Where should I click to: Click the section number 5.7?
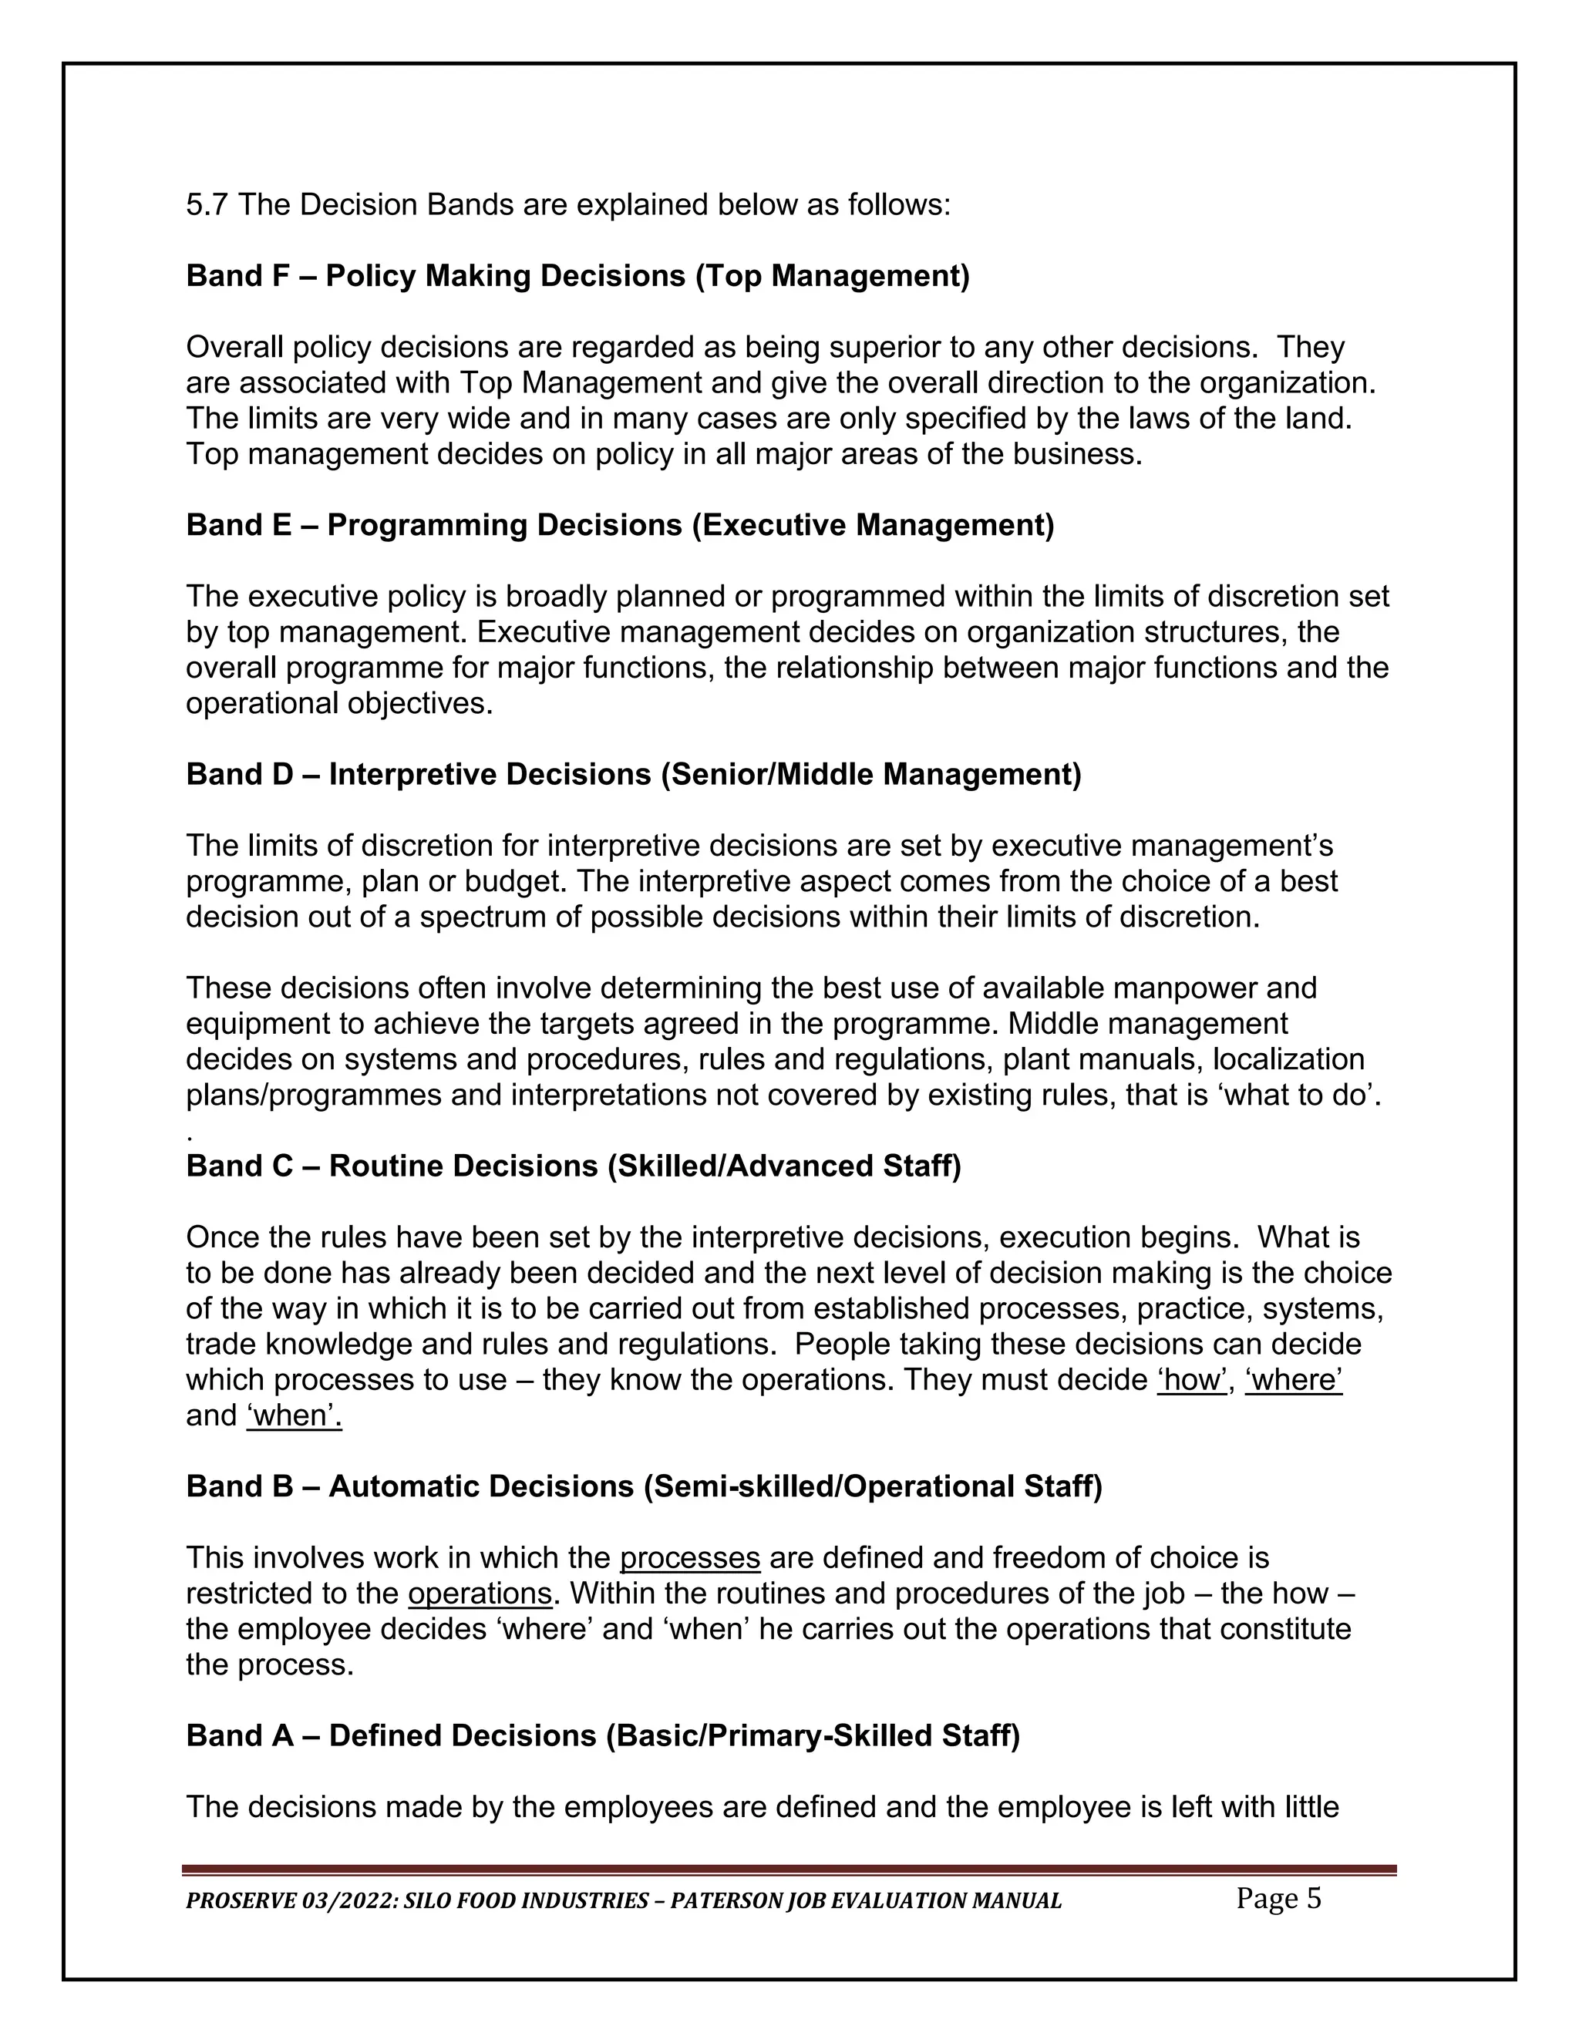[x=207, y=205]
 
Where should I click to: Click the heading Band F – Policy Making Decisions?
[x=577, y=276]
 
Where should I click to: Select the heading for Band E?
[x=619, y=525]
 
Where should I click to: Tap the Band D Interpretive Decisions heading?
[x=633, y=775]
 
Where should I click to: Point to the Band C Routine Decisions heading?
[x=574, y=1166]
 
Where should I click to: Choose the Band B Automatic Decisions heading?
[x=644, y=1486]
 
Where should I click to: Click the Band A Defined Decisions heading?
[x=602, y=1736]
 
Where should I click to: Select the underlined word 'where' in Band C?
[x=1294, y=1380]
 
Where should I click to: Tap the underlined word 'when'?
[x=294, y=1415]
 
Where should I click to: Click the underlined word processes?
[x=689, y=1558]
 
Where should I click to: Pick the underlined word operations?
[x=480, y=1594]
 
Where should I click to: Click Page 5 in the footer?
[x=1278, y=1899]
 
